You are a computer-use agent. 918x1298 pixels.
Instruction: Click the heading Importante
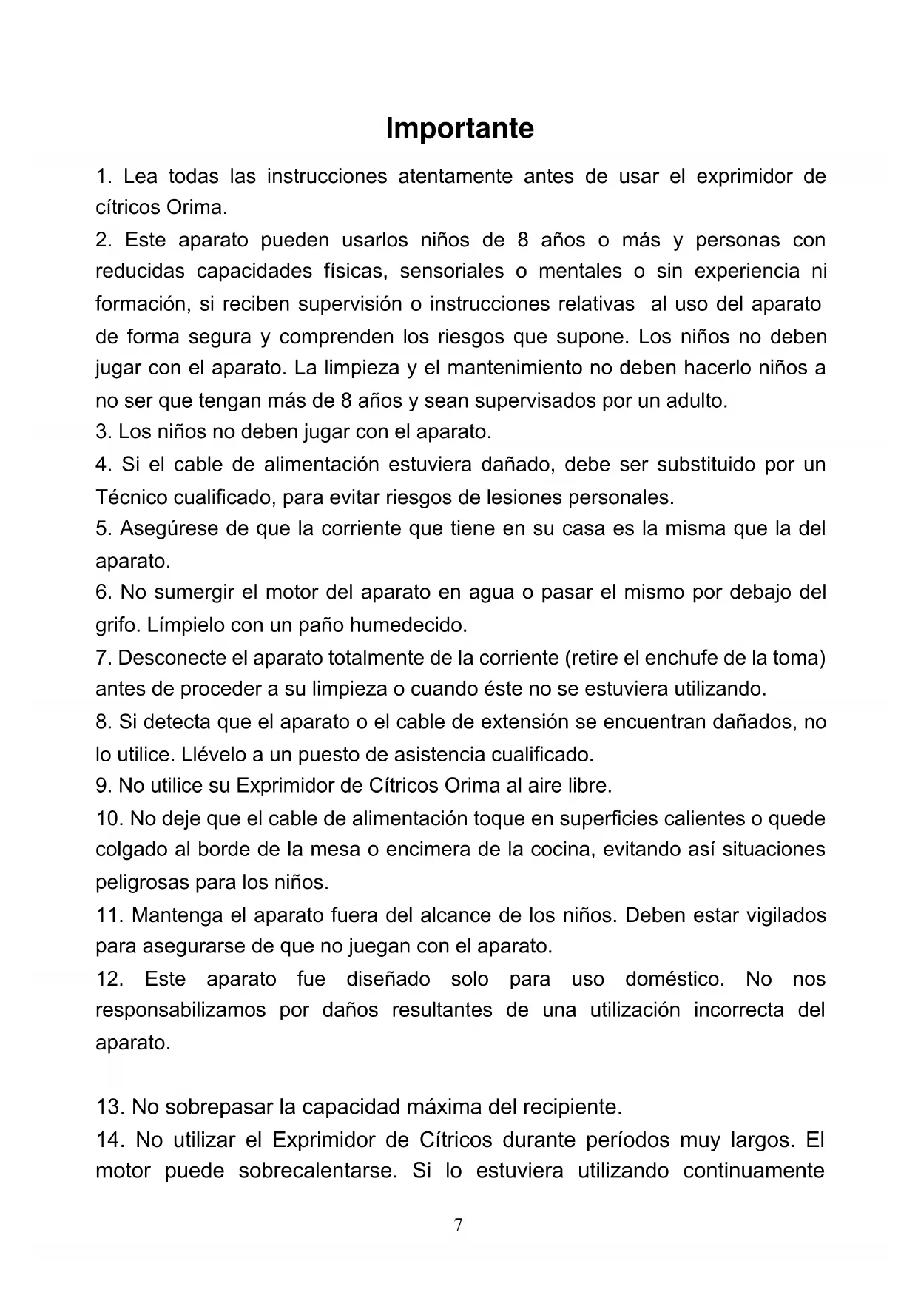click(x=459, y=129)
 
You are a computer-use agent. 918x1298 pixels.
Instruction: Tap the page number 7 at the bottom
click(x=459, y=1225)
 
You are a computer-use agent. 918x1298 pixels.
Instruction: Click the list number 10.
click(x=109, y=819)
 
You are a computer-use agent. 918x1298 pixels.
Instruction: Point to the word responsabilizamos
click(x=180, y=1011)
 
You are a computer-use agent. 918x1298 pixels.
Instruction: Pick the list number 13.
click(x=109, y=1108)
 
